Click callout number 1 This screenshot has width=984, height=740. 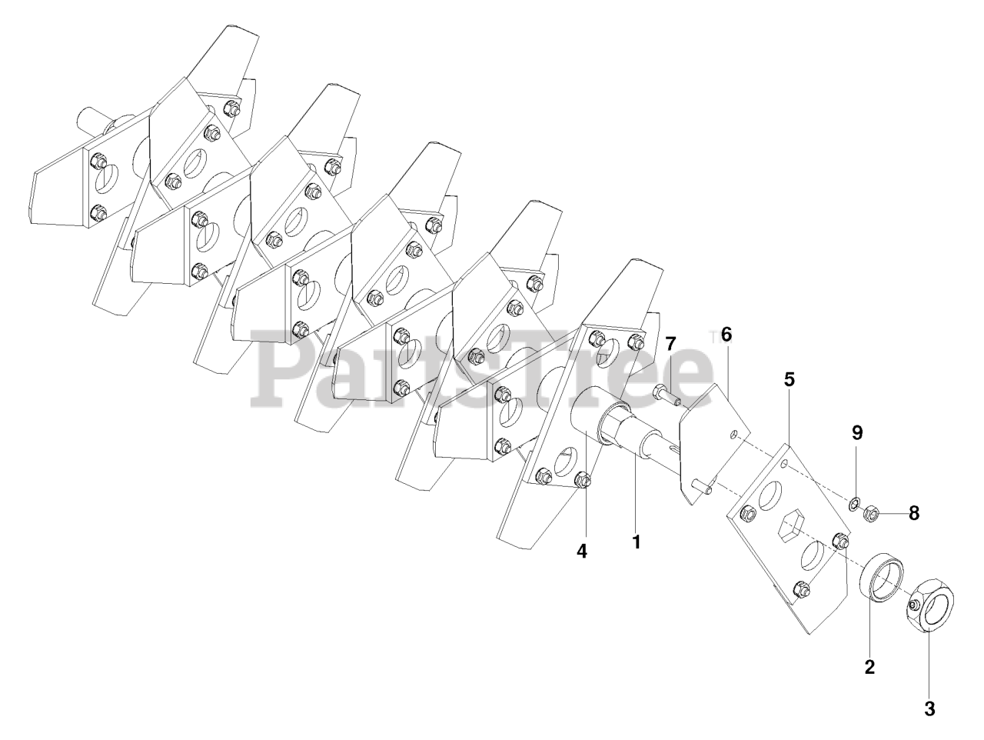(636, 542)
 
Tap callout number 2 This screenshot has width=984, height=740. (869, 667)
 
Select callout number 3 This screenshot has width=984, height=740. (929, 709)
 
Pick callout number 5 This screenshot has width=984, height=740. (790, 379)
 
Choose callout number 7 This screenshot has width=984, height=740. (670, 343)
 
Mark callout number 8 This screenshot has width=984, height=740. (913, 513)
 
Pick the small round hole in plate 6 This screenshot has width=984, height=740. (736, 435)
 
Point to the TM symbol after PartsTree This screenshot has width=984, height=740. (712, 336)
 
